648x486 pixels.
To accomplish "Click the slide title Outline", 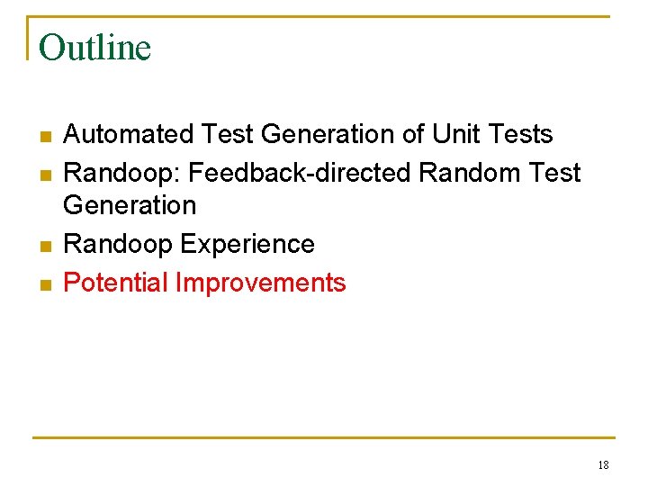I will pyautogui.click(x=95, y=48).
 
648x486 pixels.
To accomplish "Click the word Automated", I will pyautogui.click(x=129, y=134).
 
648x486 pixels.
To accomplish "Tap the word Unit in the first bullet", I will pyautogui.click(x=457, y=134).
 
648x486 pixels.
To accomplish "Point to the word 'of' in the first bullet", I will pyautogui.click(x=413, y=134).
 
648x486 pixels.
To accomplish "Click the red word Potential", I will pyautogui.click(x=116, y=283).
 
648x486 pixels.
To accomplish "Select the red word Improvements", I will pyautogui.click(x=261, y=283).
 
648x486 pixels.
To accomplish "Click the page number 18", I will pyautogui.click(x=603, y=465).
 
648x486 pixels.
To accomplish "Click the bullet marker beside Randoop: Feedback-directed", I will pyautogui.click(x=44, y=175).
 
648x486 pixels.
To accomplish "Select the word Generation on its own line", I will pyautogui.click(x=130, y=205).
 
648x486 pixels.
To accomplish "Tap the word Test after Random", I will pyautogui.click(x=556, y=172).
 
